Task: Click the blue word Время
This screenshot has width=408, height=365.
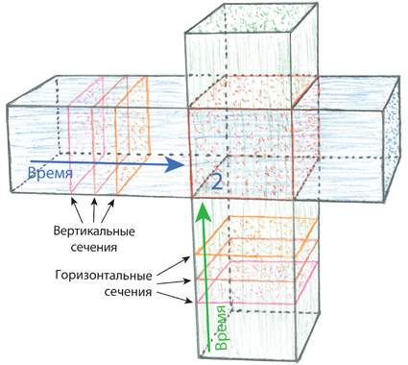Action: click(50, 173)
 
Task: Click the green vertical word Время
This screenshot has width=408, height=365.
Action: click(221, 328)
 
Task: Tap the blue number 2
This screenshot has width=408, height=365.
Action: click(217, 182)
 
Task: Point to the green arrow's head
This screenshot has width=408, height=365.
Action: click(204, 211)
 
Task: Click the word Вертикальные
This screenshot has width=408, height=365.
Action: click(94, 231)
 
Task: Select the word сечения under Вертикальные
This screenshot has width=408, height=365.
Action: click(93, 248)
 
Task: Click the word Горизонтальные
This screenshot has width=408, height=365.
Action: click(104, 276)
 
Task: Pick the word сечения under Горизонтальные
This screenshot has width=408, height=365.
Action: click(128, 292)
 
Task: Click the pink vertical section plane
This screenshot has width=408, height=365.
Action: click(87, 134)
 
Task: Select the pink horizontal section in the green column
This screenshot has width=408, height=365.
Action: click(257, 281)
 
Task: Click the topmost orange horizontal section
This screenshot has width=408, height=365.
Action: click(257, 235)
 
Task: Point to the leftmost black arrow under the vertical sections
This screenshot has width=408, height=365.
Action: click(78, 210)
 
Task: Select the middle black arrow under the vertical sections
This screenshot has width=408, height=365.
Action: click(94, 210)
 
